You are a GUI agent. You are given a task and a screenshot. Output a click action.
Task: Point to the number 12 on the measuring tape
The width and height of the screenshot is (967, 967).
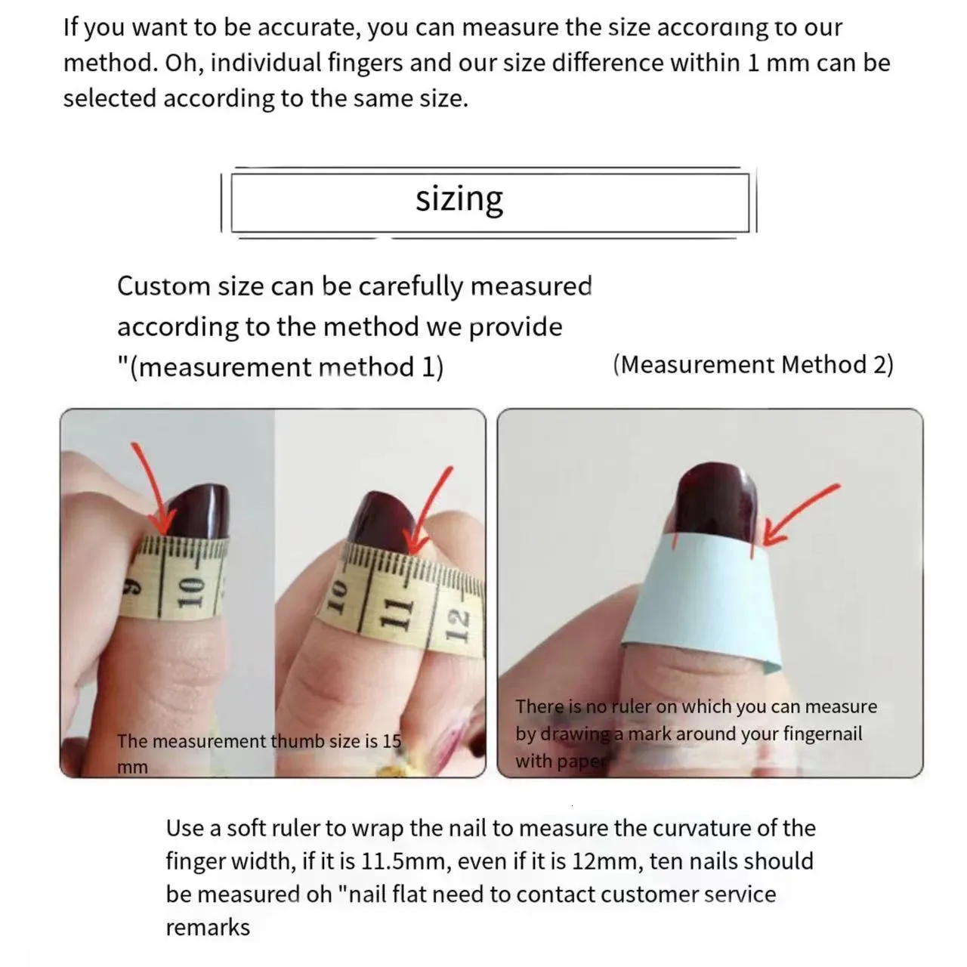point(456,626)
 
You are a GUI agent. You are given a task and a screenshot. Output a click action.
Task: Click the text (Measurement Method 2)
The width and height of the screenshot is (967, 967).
point(753,366)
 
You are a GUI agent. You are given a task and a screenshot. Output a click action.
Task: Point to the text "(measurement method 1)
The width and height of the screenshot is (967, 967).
point(280,367)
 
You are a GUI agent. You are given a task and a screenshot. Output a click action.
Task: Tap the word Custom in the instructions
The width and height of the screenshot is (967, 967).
point(164,287)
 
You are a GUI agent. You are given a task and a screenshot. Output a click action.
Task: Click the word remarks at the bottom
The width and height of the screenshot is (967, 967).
point(208,928)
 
